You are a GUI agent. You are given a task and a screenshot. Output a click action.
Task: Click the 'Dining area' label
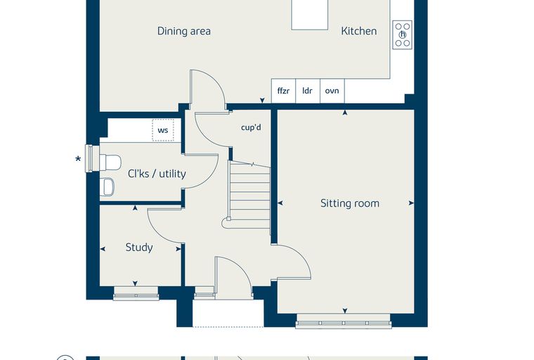point(184,31)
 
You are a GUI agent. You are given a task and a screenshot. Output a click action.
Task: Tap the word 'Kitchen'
point(359,31)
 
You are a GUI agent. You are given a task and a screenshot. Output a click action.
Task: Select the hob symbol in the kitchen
point(403,34)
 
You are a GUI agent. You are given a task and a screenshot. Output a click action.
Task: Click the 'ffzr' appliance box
point(283,91)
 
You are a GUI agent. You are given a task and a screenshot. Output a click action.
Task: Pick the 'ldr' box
point(308,91)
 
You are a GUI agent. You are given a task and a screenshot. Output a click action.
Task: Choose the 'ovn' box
point(332,91)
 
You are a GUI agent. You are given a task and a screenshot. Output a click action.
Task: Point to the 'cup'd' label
point(251,127)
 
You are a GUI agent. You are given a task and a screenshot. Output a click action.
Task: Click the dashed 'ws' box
point(163,130)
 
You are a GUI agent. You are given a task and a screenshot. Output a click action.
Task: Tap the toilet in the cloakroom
point(110,162)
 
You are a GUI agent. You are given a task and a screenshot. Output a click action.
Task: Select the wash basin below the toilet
point(108,187)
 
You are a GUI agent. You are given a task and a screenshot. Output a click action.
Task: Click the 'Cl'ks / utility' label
point(157,174)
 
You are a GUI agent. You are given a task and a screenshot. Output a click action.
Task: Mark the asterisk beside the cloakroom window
point(78,159)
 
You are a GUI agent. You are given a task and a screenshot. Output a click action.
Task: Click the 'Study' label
point(139,247)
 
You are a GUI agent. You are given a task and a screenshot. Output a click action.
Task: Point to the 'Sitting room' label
point(350,203)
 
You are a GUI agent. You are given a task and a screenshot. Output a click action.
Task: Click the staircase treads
point(250,195)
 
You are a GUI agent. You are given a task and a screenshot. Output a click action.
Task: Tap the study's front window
point(136,293)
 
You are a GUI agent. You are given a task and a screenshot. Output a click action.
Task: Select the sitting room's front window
point(344,321)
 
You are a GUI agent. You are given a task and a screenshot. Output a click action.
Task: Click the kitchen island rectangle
point(310,15)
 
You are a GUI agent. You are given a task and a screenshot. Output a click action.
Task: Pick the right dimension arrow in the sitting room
point(411,202)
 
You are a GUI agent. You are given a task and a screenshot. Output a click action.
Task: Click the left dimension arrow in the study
point(103,249)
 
